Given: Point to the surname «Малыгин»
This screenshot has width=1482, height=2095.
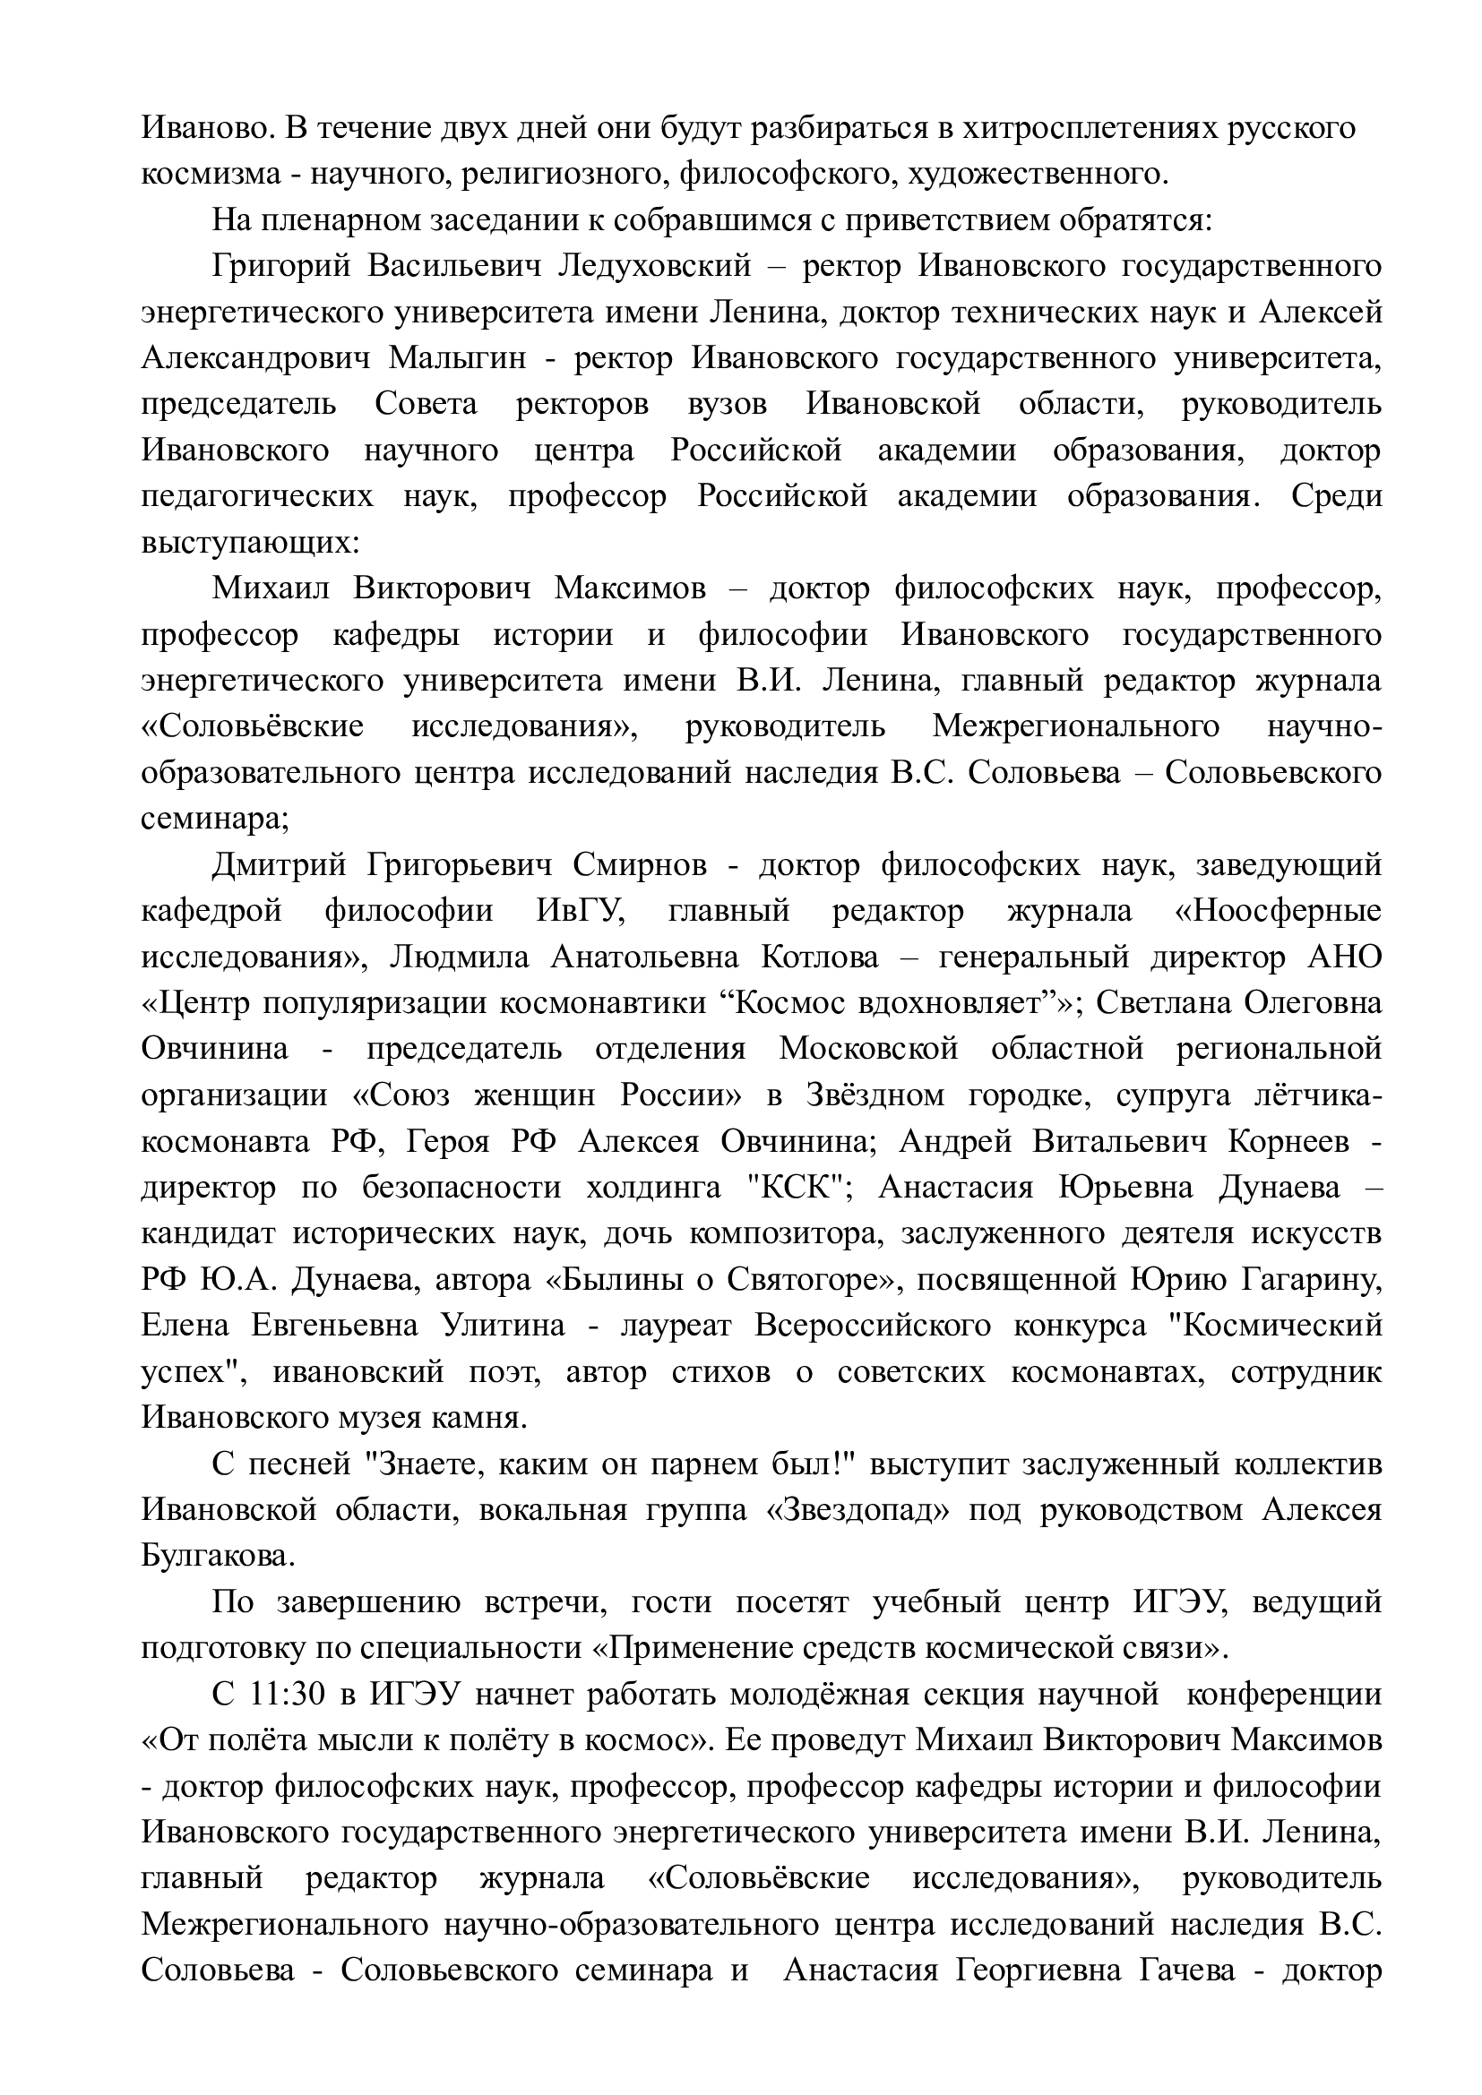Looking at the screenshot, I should pyautogui.click(x=458, y=357).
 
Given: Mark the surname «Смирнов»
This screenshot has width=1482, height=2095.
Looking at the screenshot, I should pyautogui.click(x=640, y=864).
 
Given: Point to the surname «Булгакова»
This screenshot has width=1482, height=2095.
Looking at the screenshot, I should pyautogui.click(x=218, y=1555).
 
